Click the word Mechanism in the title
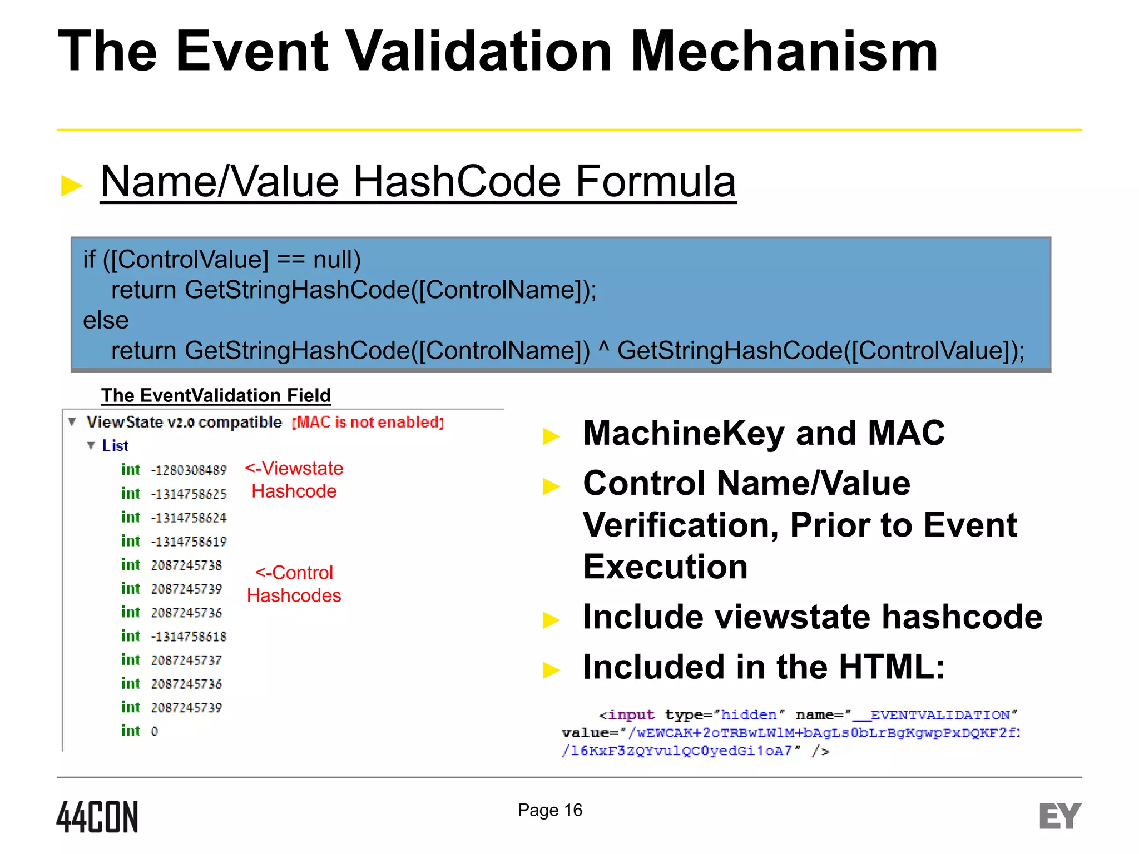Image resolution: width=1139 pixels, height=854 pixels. coord(784,51)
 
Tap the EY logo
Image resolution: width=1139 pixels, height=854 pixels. coord(1059,816)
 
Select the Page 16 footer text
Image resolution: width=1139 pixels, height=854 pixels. coord(549,810)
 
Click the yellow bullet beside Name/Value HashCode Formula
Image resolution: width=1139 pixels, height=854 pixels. coord(72,186)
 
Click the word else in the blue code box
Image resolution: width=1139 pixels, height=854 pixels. coord(106,320)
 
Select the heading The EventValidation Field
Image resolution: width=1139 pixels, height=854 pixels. coord(216,395)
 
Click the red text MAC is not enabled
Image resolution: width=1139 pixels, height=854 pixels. coord(368,423)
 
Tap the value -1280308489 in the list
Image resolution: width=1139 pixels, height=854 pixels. coord(189,470)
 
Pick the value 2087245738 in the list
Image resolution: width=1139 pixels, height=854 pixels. coord(186,565)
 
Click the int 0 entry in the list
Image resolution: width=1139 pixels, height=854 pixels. coord(139,731)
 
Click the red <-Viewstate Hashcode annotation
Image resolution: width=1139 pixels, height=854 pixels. coord(294,479)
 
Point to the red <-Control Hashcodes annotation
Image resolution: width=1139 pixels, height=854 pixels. coord(294,584)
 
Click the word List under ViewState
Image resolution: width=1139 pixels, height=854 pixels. coord(115,446)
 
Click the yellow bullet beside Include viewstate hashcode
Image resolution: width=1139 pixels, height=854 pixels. coord(551,619)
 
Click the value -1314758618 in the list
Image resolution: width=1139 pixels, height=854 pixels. coord(189,637)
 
